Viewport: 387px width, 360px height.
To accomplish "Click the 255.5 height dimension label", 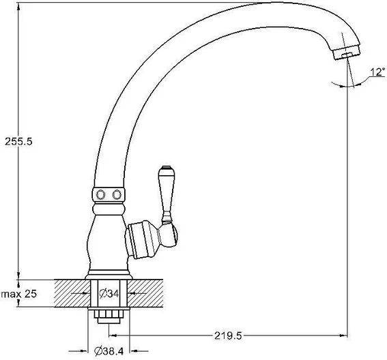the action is (18, 142).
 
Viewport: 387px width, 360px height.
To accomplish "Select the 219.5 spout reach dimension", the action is (228, 335).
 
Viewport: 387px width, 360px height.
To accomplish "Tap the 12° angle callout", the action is (377, 72).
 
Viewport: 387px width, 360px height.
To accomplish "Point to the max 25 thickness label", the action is (19, 294).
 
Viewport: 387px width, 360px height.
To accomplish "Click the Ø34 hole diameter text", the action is (109, 293).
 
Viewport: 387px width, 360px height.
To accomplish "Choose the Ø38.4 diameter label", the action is (109, 351).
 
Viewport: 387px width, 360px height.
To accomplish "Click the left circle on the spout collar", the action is (101, 195).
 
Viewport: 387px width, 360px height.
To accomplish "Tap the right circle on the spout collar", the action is (117, 195).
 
